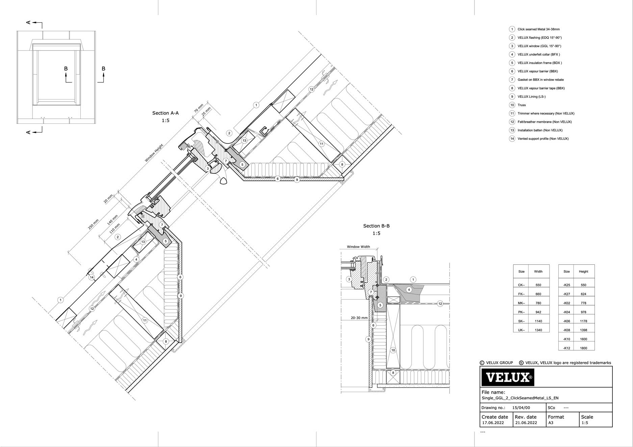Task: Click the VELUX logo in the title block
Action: [508, 377]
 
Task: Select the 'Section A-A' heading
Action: [166, 113]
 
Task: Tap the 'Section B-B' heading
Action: [376, 226]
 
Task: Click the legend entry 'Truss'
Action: [522, 105]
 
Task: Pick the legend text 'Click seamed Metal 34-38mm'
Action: [538, 29]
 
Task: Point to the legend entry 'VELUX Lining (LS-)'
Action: [532, 96]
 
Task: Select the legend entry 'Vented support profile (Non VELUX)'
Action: [543, 139]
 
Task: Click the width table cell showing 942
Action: [538, 312]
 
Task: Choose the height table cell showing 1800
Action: [583, 348]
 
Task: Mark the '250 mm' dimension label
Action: [93, 224]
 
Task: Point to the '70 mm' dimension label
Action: [198, 108]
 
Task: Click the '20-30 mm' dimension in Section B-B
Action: [359, 318]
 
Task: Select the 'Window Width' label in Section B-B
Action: [358, 247]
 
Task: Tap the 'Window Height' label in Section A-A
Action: [154, 153]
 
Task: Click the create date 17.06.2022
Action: [493, 423]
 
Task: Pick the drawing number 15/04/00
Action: [521, 408]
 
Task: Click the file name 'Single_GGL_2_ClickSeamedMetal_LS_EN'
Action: [520, 398]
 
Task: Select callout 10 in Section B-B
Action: [393, 350]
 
